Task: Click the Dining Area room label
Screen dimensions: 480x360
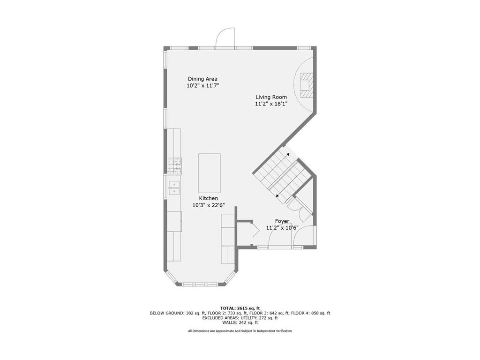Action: click(x=202, y=79)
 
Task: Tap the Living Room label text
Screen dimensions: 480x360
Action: click(x=271, y=97)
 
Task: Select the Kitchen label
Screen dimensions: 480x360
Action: click(x=209, y=198)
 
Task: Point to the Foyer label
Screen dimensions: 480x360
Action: click(x=282, y=221)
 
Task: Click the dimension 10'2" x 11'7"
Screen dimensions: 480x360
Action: click(x=202, y=86)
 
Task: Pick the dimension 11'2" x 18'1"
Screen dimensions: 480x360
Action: click(x=271, y=104)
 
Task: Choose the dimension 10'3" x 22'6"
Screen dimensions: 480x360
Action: click(x=209, y=205)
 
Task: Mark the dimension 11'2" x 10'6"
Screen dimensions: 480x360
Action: click(x=282, y=228)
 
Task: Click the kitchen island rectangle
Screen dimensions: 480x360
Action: click(x=210, y=173)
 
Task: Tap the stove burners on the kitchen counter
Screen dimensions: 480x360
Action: click(x=174, y=166)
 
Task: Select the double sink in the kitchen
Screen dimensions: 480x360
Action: click(x=174, y=187)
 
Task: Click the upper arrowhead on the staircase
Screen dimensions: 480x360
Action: click(x=288, y=154)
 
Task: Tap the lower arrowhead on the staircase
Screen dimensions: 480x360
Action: click(x=277, y=195)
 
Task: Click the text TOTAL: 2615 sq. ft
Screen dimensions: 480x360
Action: click(x=240, y=308)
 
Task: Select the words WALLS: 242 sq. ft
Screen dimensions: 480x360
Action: click(x=240, y=322)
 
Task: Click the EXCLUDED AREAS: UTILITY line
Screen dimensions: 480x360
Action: click(x=240, y=318)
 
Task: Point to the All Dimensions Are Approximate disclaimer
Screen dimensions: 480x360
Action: click(x=240, y=331)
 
